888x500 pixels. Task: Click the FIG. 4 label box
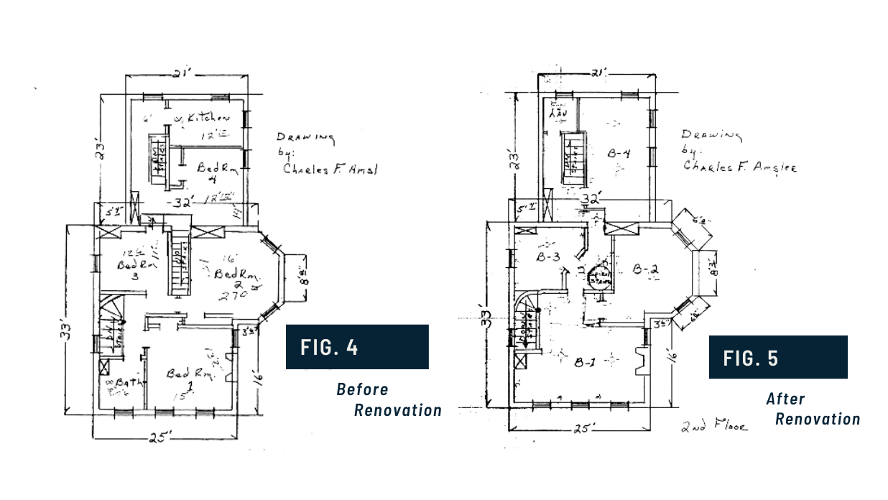coord(357,346)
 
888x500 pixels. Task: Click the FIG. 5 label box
coord(777,357)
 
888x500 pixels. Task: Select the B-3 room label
coord(547,257)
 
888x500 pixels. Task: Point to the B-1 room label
coord(583,361)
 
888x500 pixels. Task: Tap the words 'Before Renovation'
coord(389,400)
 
